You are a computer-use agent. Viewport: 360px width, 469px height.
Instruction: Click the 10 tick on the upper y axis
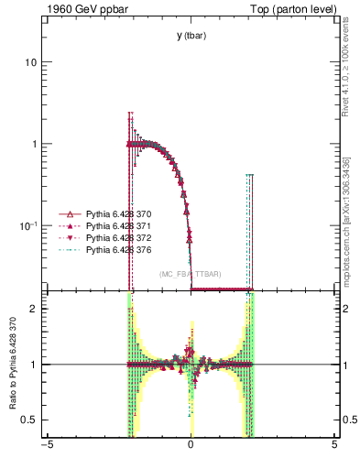pyautogui.click(x=31, y=62)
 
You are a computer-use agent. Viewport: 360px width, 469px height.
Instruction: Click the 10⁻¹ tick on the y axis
pyautogui.click(x=29, y=224)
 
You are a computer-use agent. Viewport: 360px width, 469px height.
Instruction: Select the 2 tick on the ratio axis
pyautogui.click(x=35, y=309)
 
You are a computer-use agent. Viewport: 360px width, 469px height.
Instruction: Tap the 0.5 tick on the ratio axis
pyautogui.click(x=31, y=420)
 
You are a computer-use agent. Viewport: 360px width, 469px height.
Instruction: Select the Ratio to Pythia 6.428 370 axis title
pyautogui.click(x=13, y=366)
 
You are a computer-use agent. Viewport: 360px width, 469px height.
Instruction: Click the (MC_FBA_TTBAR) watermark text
pyautogui.click(x=190, y=274)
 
